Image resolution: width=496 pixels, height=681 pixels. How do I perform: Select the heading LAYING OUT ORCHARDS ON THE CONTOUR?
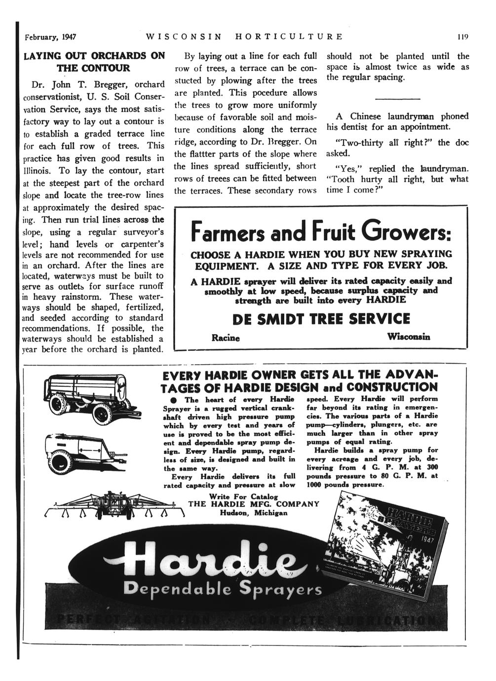[x=94, y=62]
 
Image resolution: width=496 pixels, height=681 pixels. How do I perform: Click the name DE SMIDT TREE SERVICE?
[x=321, y=318]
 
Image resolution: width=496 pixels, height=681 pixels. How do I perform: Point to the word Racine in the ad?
[x=226, y=338]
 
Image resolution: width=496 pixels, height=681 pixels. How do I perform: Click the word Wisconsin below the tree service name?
[x=408, y=337]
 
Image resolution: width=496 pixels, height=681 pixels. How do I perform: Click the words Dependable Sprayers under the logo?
[x=223, y=589]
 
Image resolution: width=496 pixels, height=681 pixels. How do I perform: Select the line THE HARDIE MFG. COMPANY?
[x=254, y=504]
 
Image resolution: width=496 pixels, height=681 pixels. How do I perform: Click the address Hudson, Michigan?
[x=254, y=513]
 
